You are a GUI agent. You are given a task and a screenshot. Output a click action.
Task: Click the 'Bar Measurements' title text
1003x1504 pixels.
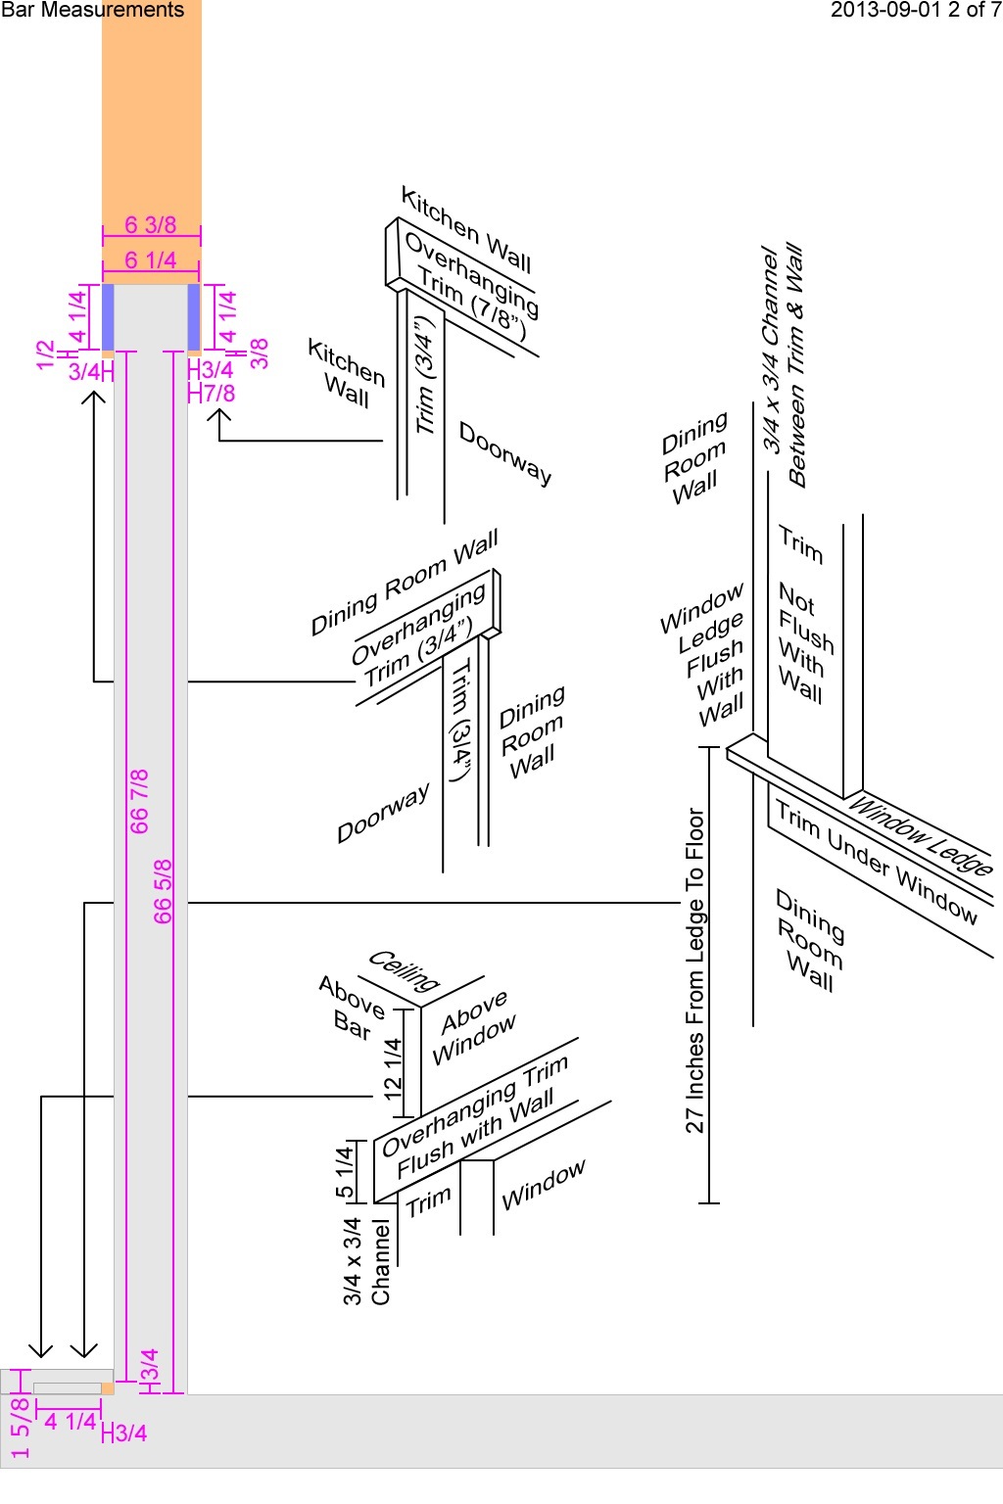click(92, 11)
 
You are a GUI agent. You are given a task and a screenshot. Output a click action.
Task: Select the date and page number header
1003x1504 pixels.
click(915, 11)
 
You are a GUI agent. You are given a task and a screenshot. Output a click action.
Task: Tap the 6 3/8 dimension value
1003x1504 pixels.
click(151, 225)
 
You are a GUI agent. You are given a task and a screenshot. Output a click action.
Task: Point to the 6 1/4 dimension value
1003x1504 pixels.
click(151, 260)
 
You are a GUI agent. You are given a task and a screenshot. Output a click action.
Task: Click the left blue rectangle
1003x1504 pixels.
click(108, 316)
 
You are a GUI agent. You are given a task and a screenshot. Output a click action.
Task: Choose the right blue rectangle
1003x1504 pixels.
click(194, 316)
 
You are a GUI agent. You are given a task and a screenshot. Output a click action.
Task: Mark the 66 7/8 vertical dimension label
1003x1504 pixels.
click(139, 801)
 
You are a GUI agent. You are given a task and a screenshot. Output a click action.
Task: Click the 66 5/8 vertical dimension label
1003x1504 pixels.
click(163, 891)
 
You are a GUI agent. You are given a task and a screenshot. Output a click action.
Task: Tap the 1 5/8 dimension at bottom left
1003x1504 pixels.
click(20, 1429)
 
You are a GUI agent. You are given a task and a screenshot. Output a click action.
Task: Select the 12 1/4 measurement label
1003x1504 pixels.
click(394, 1067)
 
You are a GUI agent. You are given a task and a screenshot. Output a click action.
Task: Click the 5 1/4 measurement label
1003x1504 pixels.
click(345, 1172)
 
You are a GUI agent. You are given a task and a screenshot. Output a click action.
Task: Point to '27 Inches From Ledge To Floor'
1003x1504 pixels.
click(695, 970)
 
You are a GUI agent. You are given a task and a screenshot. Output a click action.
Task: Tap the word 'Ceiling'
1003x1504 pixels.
click(404, 969)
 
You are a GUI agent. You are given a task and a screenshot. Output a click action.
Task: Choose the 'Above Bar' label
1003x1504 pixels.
click(351, 1008)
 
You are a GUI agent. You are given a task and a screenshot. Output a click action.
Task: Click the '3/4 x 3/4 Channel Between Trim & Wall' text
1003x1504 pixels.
click(784, 364)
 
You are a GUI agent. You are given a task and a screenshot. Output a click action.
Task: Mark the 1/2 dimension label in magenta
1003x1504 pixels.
click(45, 354)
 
